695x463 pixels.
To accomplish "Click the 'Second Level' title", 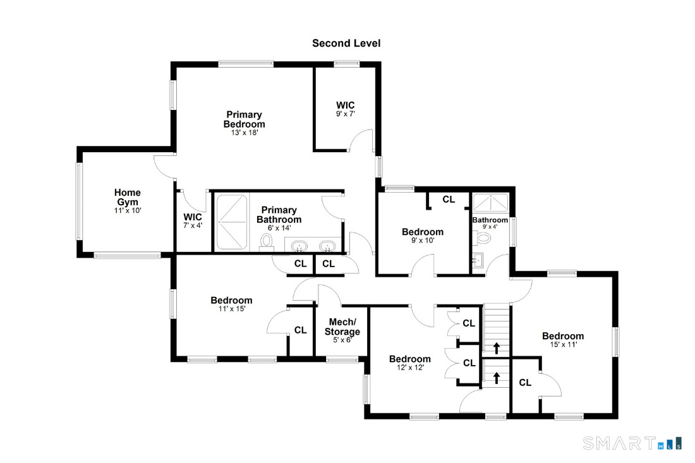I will click(346, 44).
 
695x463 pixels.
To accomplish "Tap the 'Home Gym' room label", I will click(127, 197).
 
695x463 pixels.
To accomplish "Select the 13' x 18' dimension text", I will click(244, 133).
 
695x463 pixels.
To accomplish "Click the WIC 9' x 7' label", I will click(345, 109).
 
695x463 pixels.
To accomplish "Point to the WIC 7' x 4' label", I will click(193, 220).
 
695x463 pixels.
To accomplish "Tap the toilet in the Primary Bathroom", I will click(266, 241).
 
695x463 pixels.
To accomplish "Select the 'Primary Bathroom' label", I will click(279, 215).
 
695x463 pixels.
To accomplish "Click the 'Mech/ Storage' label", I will click(342, 327).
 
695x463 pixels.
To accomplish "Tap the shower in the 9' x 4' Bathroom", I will click(490, 203).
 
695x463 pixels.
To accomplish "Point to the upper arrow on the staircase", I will click(496, 348).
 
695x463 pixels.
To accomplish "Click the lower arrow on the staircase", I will click(496, 378).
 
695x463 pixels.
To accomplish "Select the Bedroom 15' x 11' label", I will click(562, 340).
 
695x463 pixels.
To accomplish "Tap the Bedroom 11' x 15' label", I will click(231, 304).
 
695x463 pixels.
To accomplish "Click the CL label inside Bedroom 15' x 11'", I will click(525, 382).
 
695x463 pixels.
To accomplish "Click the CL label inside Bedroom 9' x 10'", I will click(449, 200).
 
